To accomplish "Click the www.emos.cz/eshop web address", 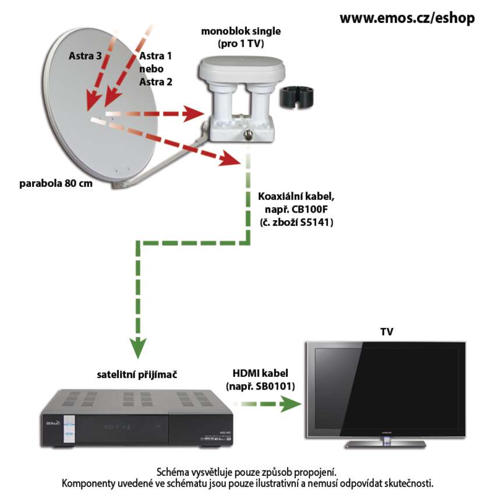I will (x=406, y=18).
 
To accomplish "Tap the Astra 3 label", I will (x=85, y=56).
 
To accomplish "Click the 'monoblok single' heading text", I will (x=239, y=31).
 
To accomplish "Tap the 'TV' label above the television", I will (x=387, y=332).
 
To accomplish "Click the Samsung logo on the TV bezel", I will (x=385, y=432).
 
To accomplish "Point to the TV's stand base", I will (x=384, y=444).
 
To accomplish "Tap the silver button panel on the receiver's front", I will (x=69, y=428).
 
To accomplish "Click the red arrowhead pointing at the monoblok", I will (x=192, y=114).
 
